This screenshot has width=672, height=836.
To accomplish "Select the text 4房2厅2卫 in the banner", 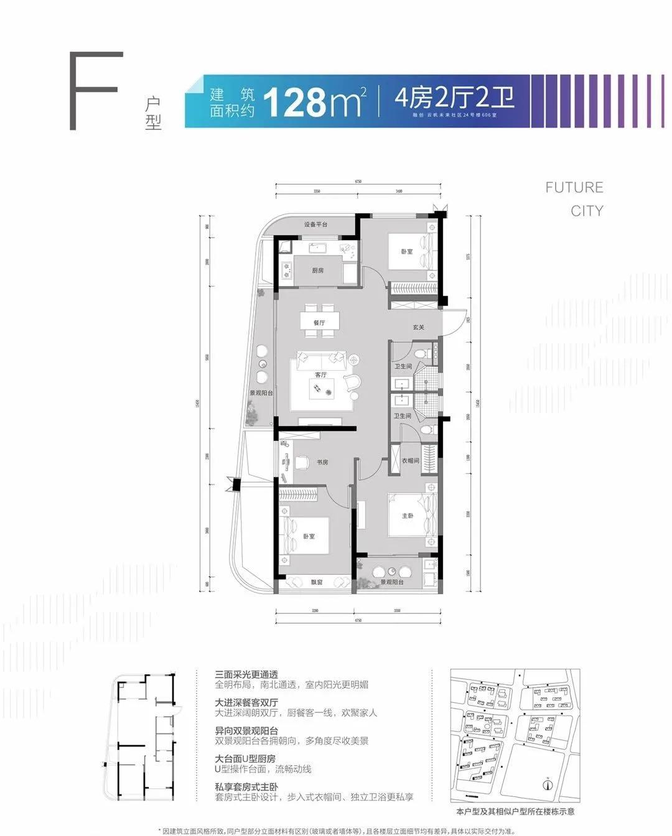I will click(454, 98).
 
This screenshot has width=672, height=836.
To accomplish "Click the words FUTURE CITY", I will click(574, 199).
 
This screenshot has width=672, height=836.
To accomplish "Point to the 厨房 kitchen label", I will click(317, 271).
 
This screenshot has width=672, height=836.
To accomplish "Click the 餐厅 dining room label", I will click(319, 323).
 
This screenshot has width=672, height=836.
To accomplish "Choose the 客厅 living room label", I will click(320, 374).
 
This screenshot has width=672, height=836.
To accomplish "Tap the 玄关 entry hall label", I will click(418, 327).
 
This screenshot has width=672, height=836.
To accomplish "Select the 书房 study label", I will click(322, 462).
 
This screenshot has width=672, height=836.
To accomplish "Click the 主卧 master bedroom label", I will click(407, 516).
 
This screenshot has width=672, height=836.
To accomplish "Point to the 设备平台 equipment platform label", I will click(315, 225).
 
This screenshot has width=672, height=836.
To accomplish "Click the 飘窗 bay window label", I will click(317, 582).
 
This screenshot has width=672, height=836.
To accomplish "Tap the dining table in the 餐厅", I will click(320, 321).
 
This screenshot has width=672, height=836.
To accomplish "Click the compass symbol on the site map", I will click(548, 784).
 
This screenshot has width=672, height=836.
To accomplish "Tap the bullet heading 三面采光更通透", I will click(246, 674).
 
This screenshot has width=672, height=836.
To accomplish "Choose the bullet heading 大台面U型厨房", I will click(245, 759).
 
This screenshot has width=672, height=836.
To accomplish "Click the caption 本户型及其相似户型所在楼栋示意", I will click(515, 811).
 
